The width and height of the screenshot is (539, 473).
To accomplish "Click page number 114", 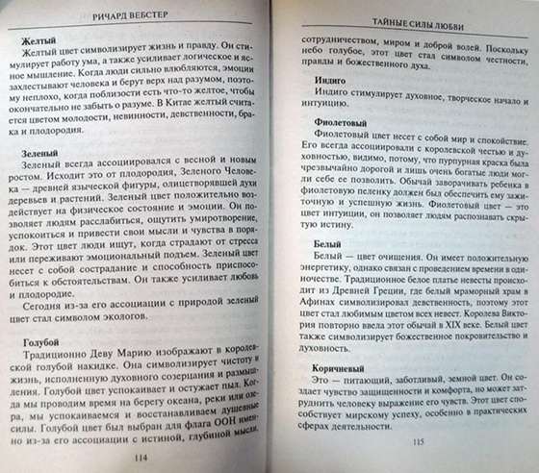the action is [141, 455].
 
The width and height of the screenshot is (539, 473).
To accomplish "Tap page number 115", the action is [416, 445].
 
